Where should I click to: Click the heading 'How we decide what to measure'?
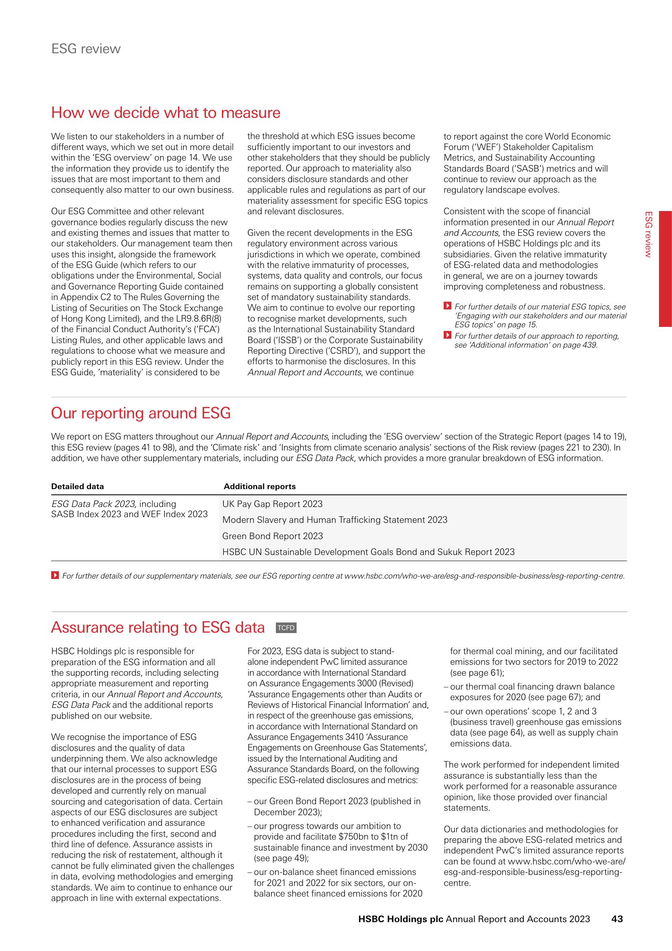tap(165, 113)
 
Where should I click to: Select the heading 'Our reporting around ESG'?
tap(141, 413)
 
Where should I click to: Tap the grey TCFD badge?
tap(286, 628)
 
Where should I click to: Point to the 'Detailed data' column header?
tap(77, 486)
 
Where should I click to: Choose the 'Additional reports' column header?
tap(260, 486)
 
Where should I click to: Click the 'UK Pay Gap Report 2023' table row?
tap(272, 504)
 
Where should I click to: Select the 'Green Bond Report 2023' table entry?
tap(272, 536)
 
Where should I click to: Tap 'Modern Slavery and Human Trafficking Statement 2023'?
tap(335, 520)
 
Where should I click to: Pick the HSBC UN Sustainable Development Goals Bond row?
tap(368, 552)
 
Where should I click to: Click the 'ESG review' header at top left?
tap(86, 49)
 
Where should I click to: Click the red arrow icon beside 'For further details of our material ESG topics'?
tap(447, 306)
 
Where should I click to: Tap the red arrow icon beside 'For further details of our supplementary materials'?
tap(54, 575)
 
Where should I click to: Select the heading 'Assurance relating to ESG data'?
tap(158, 627)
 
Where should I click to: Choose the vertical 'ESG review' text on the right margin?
tap(649, 234)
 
